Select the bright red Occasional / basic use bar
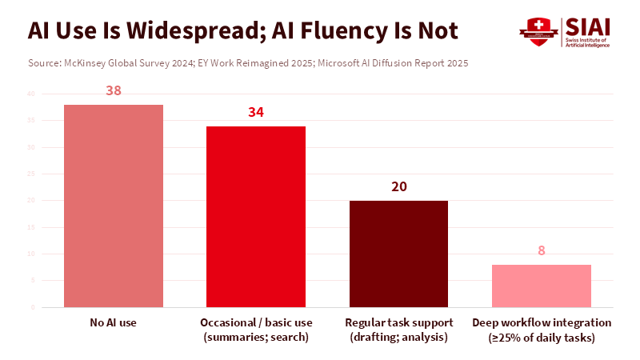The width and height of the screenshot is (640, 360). point(256,216)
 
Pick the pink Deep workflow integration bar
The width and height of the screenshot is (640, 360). point(541,286)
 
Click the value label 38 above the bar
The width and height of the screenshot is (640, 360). point(114,90)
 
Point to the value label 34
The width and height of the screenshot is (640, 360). point(256,112)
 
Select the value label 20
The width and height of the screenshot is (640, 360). point(398,187)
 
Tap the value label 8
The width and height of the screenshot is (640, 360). point(541,250)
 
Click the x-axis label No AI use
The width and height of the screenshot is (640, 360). point(114,322)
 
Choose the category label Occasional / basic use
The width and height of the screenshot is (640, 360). point(256,322)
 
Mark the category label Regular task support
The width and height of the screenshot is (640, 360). point(398,322)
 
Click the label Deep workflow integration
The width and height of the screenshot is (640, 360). point(541,322)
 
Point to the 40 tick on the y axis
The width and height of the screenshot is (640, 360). point(31,94)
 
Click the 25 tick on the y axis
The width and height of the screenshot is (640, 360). point(31,174)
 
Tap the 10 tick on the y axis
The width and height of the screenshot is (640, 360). point(31,254)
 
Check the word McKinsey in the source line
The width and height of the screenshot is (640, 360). point(90,62)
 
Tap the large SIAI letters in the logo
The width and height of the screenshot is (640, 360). point(587,26)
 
